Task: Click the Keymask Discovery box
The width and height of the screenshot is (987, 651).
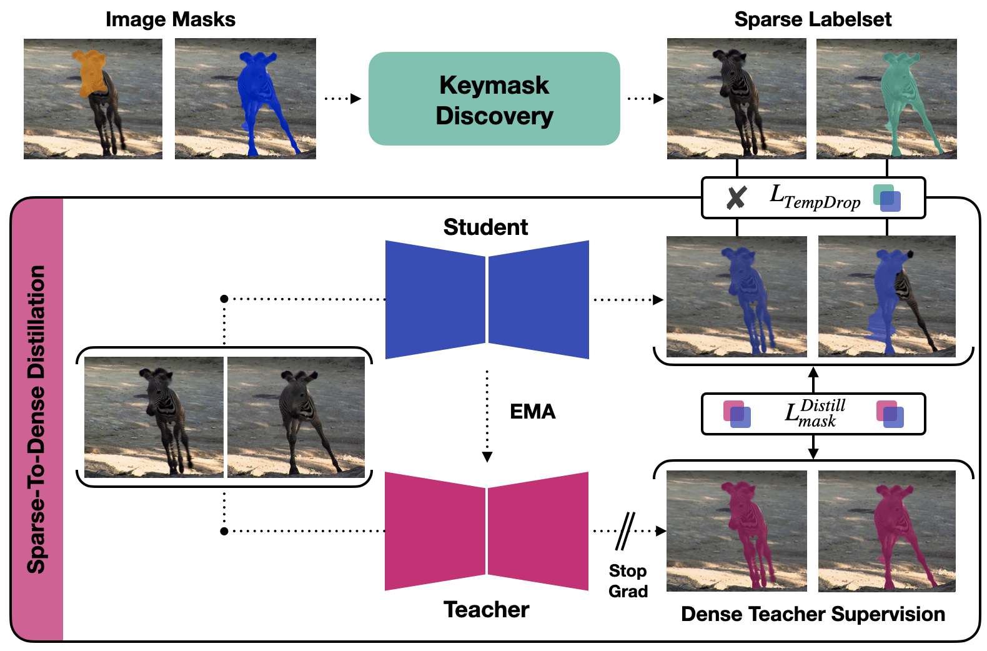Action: [x=493, y=99]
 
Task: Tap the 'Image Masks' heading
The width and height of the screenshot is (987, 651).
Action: [x=171, y=19]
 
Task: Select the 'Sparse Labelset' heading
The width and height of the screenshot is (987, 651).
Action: [x=812, y=19]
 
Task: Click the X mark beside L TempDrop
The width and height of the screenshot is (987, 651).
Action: [x=737, y=198]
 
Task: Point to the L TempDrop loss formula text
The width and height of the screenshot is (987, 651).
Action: [x=815, y=197]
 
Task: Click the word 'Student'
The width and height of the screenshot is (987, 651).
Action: [x=485, y=227]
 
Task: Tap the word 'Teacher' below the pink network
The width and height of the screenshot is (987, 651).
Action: [x=486, y=609]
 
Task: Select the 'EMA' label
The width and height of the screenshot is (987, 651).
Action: [x=532, y=412]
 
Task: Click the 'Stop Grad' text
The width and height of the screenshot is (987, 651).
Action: [x=628, y=581]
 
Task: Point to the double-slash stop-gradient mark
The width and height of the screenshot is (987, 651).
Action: [x=625, y=531]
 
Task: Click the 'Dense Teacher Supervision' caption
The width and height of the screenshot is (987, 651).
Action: [x=812, y=614]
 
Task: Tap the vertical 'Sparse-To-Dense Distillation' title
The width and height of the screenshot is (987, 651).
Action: [x=37, y=419]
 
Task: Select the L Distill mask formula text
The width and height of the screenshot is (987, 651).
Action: [x=815, y=413]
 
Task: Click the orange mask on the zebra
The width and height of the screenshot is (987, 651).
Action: [x=89, y=72]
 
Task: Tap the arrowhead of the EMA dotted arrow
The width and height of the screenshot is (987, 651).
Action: [x=487, y=457]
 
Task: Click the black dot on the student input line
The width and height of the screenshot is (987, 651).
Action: [x=224, y=299]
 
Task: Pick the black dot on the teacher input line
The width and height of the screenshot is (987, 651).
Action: [x=224, y=531]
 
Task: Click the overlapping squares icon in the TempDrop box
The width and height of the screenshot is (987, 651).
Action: [x=887, y=198]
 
